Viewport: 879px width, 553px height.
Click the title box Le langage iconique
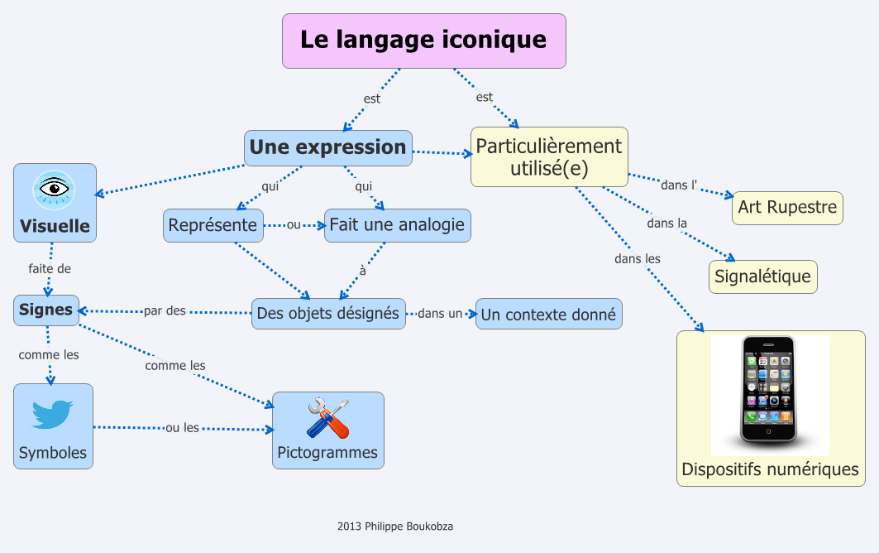[x=423, y=41]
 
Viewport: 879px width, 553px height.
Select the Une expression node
[x=328, y=147]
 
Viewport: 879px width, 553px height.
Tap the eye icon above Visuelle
[x=55, y=190]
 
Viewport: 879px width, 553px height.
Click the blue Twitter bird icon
[x=52, y=414]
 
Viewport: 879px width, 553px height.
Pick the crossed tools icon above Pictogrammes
[x=327, y=417]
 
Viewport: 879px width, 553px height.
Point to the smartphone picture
[x=769, y=389]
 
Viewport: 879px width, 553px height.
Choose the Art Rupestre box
[x=787, y=207]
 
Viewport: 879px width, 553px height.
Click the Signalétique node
[x=762, y=276]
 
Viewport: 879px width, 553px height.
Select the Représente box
[x=213, y=224]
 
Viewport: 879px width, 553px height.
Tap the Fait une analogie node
[x=397, y=224]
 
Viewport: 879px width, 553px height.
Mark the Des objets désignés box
[x=328, y=314]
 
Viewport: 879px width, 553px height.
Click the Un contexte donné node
[x=548, y=315]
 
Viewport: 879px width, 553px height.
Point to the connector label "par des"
[x=165, y=311]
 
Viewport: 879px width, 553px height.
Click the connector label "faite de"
[x=50, y=268]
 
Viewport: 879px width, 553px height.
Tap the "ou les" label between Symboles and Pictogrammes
[x=183, y=428]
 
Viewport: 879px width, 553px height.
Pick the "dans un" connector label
[x=440, y=314]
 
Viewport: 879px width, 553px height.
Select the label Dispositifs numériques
[x=770, y=469]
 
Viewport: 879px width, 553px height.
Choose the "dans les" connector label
[x=638, y=258]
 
